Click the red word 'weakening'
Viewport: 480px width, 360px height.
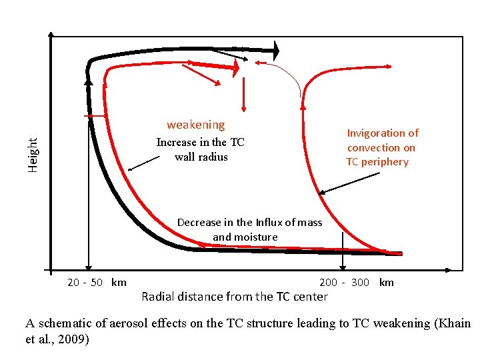click(195, 125)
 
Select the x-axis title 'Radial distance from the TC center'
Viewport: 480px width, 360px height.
click(235, 297)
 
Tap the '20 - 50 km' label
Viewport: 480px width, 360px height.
click(97, 282)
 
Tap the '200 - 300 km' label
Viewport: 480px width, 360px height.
click(357, 282)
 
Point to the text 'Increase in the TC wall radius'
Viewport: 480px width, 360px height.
click(200, 149)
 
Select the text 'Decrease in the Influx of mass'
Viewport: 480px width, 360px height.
click(249, 223)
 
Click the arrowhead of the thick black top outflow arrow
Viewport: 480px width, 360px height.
click(276, 49)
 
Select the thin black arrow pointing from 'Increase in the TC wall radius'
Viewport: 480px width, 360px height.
click(143, 163)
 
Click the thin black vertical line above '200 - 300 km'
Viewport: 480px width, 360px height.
click(343, 250)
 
